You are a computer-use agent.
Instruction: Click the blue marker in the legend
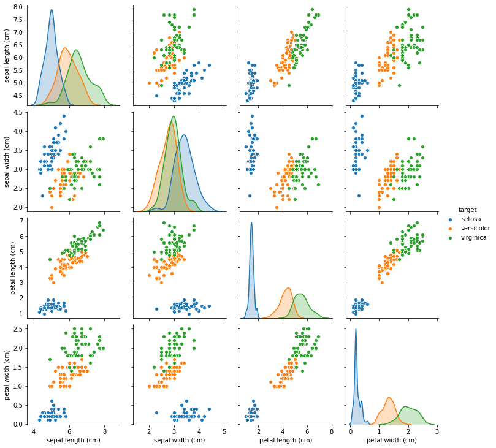point(450,219)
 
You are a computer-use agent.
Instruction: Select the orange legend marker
point(450,229)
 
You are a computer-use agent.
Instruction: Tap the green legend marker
point(450,238)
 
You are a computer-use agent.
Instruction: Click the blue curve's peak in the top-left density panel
point(52,10)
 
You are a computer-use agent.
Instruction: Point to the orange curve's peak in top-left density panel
point(64,48)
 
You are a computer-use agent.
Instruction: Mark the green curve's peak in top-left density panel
point(76,50)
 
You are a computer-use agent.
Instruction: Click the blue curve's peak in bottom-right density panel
point(356,329)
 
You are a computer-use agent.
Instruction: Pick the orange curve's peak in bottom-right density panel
point(389,398)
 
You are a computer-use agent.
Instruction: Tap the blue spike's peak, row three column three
point(251,222)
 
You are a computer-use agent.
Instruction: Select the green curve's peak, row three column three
point(300,294)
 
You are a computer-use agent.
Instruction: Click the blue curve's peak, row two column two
point(184,135)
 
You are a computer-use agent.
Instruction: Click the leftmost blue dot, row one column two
point(156,96)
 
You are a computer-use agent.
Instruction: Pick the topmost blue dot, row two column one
point(64,116)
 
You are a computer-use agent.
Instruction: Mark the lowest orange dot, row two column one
point(52,207)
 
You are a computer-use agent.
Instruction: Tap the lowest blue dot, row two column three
point(250,196)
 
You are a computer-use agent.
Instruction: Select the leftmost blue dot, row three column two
point(156,309)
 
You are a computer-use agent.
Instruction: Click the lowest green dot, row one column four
point(399,85)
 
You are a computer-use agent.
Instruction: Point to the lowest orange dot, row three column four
point(380,282)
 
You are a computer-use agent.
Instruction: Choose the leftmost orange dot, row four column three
point(270,382)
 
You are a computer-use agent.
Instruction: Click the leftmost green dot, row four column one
point(50,359)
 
